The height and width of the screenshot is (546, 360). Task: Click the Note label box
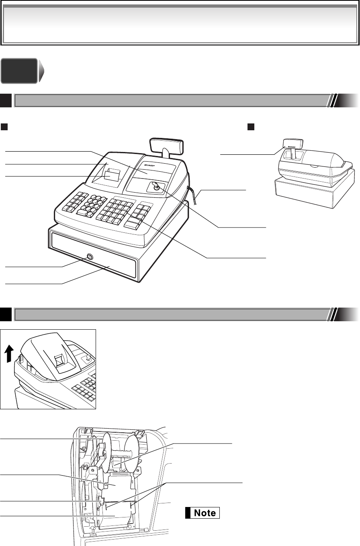tap(202, 513)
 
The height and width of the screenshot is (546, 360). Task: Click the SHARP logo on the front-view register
tap(149, 165)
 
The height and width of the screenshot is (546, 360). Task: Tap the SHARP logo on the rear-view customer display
tap(292, 147)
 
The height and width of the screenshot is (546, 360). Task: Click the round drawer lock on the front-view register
tap(90, 257)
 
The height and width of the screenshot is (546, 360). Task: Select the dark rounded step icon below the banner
tap(22, 71)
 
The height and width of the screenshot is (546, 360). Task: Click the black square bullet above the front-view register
tap(4, 127)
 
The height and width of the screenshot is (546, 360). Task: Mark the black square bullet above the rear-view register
tap(251, 127)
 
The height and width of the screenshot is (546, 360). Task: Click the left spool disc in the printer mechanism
tap(107, 453)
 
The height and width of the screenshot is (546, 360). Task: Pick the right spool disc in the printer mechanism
tap(131, 453)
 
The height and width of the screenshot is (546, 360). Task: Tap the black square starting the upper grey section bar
tap(6, 101)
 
